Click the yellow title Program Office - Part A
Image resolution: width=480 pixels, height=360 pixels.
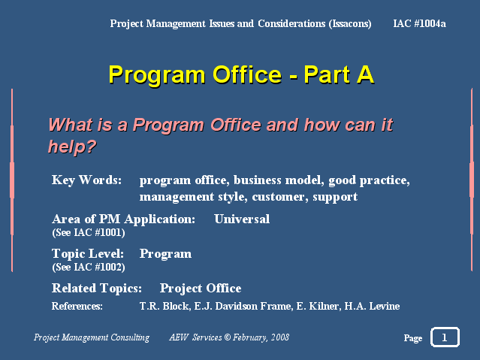point(241,74)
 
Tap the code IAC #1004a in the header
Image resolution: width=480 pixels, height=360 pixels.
point(419,23)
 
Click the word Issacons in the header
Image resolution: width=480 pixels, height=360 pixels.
point(350,23)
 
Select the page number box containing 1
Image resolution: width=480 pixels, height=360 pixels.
point(445,337)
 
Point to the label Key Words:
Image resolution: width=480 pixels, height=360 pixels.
point(86,180)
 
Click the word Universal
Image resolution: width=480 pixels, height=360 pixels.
point(242,219)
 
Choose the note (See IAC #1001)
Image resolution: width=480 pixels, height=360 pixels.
point(89,232)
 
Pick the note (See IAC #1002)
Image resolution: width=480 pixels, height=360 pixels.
point(89,267)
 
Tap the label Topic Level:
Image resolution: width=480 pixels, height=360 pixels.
point(88,254)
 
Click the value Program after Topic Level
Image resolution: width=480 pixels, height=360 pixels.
point(165,254)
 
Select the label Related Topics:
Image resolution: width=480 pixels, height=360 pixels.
point(97,289)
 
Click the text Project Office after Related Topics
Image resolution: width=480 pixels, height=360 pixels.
point(201,289)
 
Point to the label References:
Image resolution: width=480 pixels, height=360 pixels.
point(77,306)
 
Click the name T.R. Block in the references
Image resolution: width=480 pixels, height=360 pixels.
point(164,306)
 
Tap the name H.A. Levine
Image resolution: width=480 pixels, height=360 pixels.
point(372,306)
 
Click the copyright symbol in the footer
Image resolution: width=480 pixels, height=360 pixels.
point(227,337)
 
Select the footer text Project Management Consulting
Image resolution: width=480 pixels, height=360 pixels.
point(92,337)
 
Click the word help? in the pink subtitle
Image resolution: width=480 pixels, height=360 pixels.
point(72,147)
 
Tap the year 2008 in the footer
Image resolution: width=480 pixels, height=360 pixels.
point(279,337)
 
